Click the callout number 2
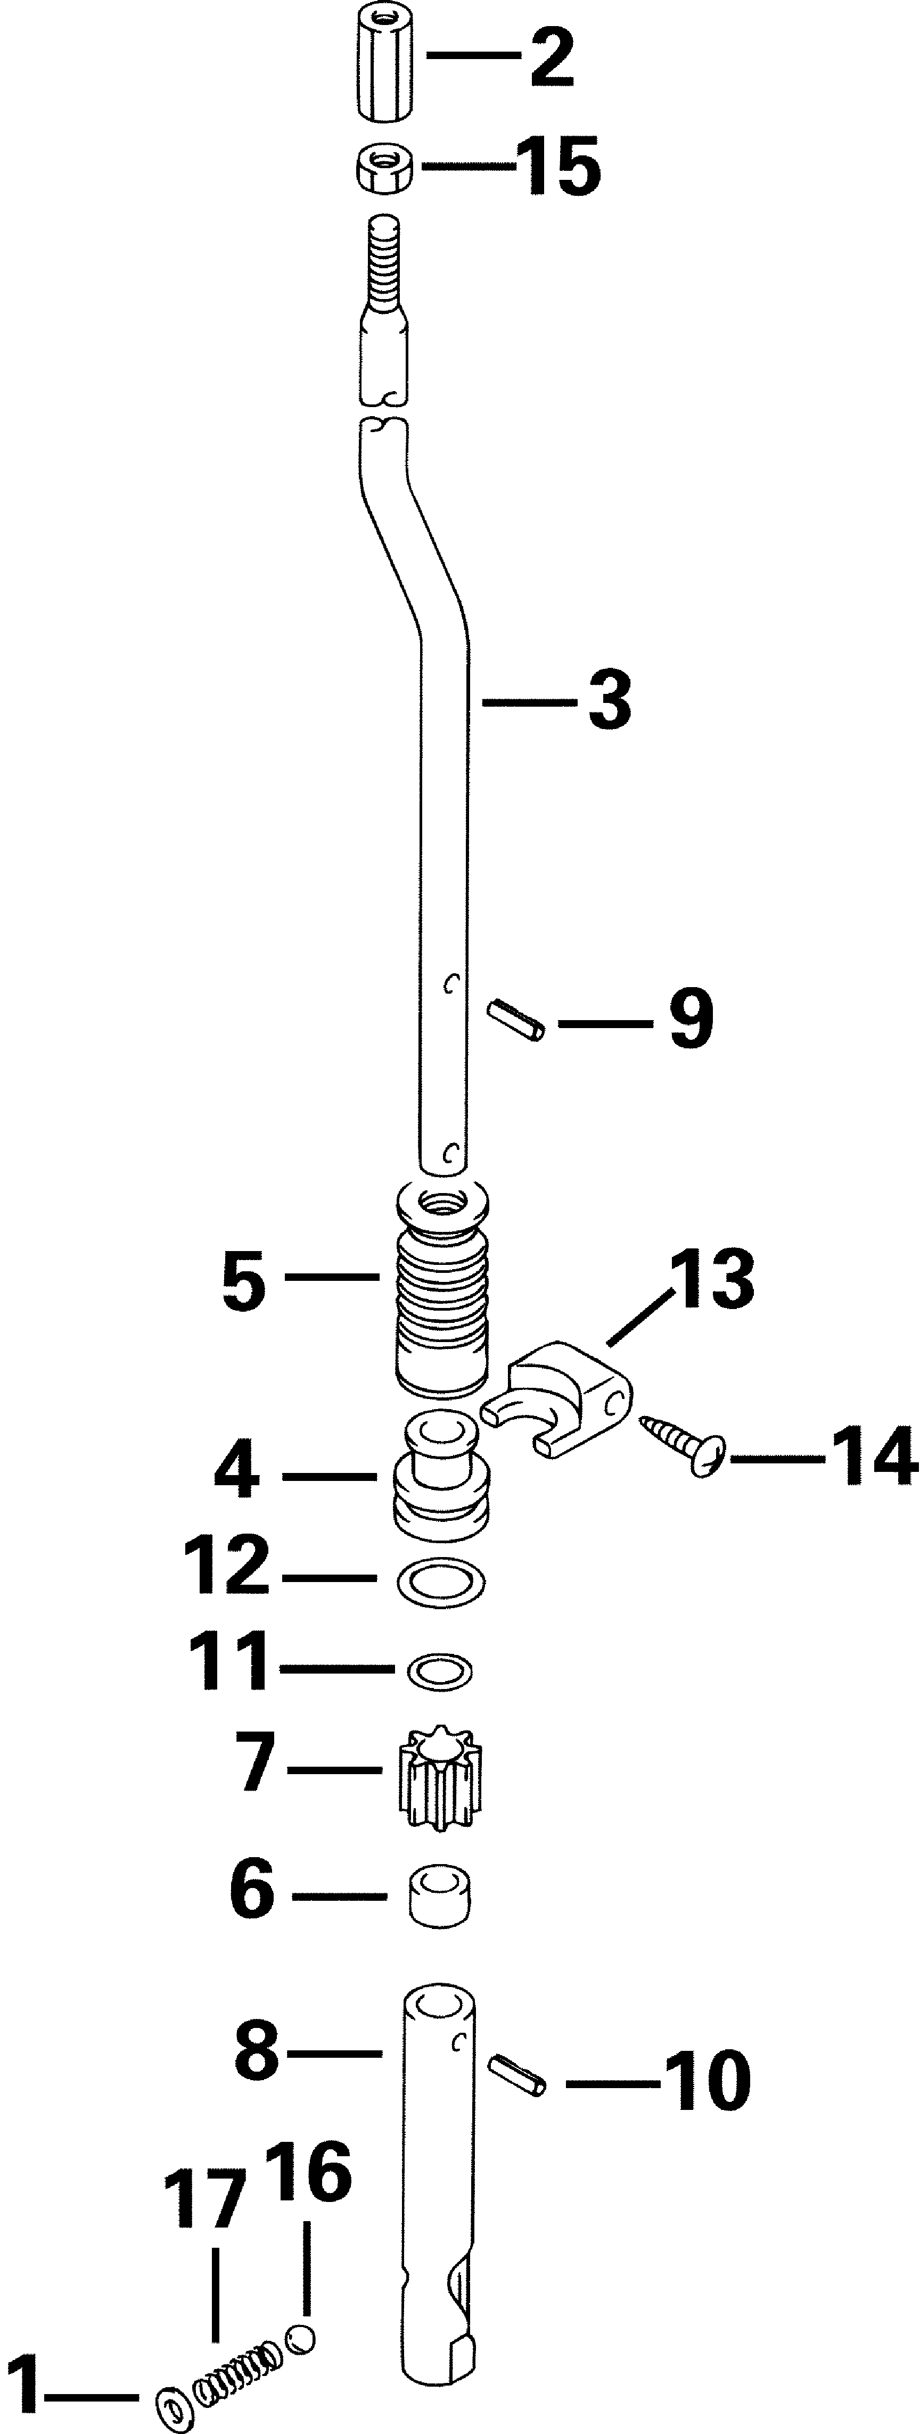(552, 59)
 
